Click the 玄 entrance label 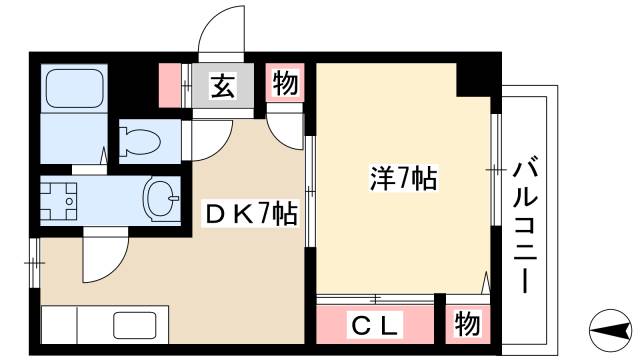221,87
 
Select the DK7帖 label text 250,213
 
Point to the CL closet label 378,324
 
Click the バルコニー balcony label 523,222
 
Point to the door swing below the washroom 102,255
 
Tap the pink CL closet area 378,324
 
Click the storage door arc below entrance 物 286,125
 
